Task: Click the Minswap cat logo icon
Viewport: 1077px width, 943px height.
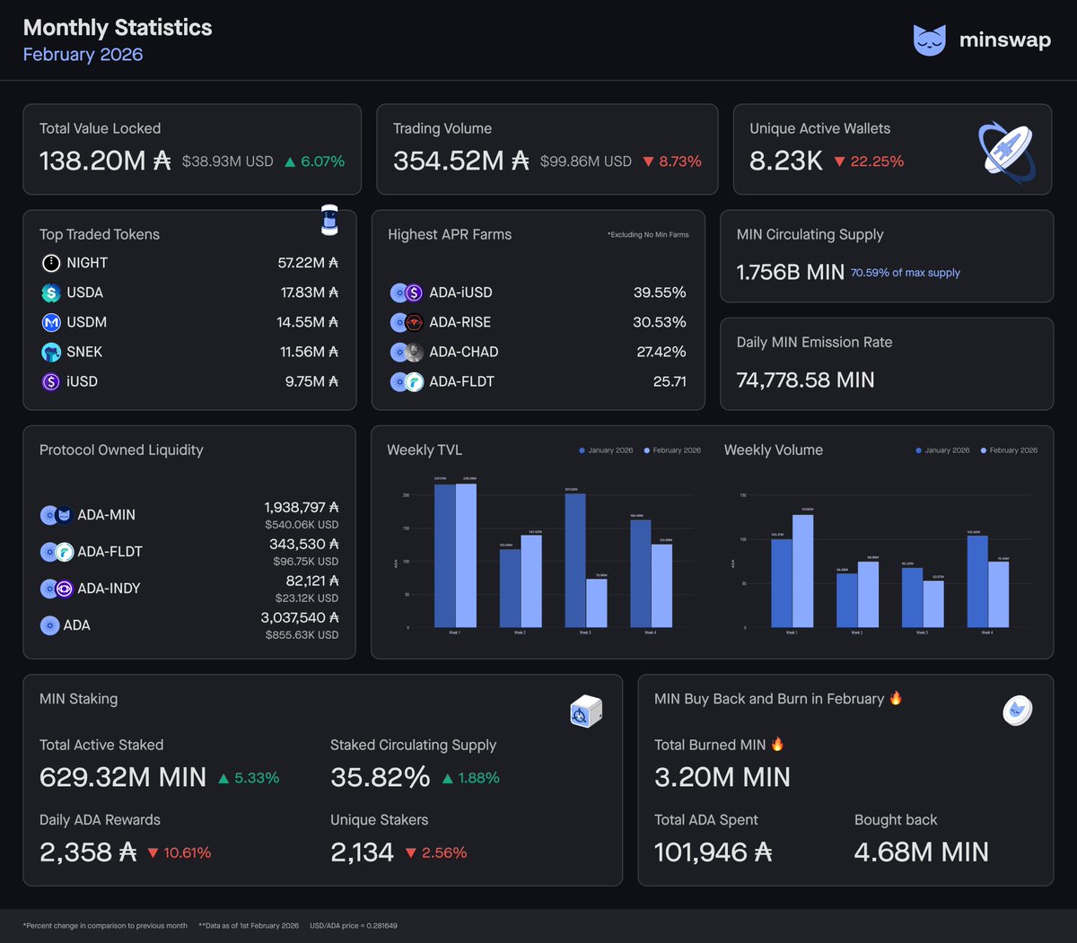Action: pos(930,40)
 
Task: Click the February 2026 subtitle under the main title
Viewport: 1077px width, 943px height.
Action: pos(83,55)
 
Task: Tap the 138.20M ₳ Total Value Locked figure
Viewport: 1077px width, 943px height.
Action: pos(104,161)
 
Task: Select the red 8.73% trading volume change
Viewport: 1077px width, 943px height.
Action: pos(672,162)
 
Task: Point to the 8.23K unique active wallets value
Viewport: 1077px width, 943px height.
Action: pos(785,161)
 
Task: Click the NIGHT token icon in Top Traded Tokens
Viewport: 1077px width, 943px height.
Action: pos(51,263)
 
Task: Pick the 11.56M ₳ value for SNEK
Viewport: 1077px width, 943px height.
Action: pos(309,352)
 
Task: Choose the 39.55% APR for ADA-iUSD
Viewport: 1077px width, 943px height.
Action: pos(659,293)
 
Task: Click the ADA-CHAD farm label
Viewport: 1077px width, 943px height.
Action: pos(463,352)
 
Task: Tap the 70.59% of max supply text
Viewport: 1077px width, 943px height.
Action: pos(905,273)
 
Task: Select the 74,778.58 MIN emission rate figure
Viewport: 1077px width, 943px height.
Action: pos(805,380)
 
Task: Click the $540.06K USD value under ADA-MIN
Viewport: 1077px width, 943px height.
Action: pos(302,525)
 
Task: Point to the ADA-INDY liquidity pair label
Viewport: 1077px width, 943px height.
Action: pos(109,589)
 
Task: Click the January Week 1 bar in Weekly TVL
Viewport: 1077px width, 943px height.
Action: pos(444,555)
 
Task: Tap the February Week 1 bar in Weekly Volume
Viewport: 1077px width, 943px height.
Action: pos(802,571)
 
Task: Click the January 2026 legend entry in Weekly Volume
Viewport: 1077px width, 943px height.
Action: pos(942,450)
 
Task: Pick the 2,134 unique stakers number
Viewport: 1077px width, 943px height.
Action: pos(362,852)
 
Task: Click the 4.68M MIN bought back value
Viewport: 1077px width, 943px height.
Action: pos(921,852)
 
